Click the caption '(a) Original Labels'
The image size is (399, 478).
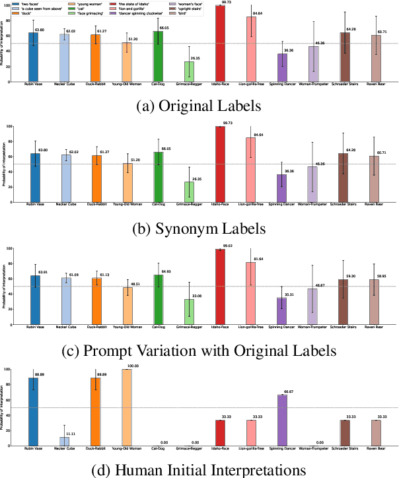[199, 107]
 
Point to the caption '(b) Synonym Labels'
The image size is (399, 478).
[199, 228]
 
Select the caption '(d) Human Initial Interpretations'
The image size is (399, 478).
[199, 469]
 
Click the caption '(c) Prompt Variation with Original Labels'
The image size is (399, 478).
[199, 349]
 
